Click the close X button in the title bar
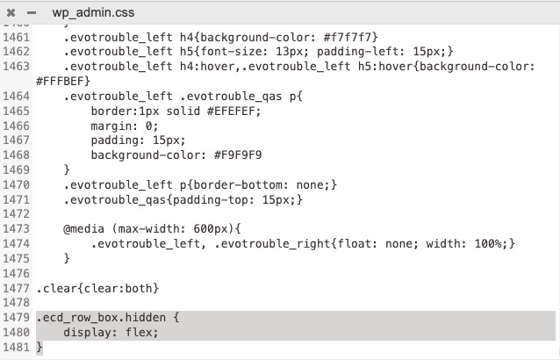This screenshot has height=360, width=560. click(11, 13)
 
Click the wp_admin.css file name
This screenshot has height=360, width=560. click(93, 12)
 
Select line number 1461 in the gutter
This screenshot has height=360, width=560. click(16, 37)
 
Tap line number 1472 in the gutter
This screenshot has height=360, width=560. click(16, 213)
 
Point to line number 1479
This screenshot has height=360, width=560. click(16, 317)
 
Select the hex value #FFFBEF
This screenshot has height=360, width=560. click(60, 81)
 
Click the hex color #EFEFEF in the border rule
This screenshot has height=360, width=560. click(231, 111)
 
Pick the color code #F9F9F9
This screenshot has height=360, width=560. click(238, 155)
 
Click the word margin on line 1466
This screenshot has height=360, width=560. click(111, 126)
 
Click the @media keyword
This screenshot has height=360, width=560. click(84, 228)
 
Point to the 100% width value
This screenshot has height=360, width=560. click(488, 243)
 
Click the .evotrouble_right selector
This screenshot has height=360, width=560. click(272, 243)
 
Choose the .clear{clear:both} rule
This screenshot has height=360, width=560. click(97, 288)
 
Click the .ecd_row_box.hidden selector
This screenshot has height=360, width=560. click(101, 318)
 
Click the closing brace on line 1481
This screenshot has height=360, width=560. click(39, 347)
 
